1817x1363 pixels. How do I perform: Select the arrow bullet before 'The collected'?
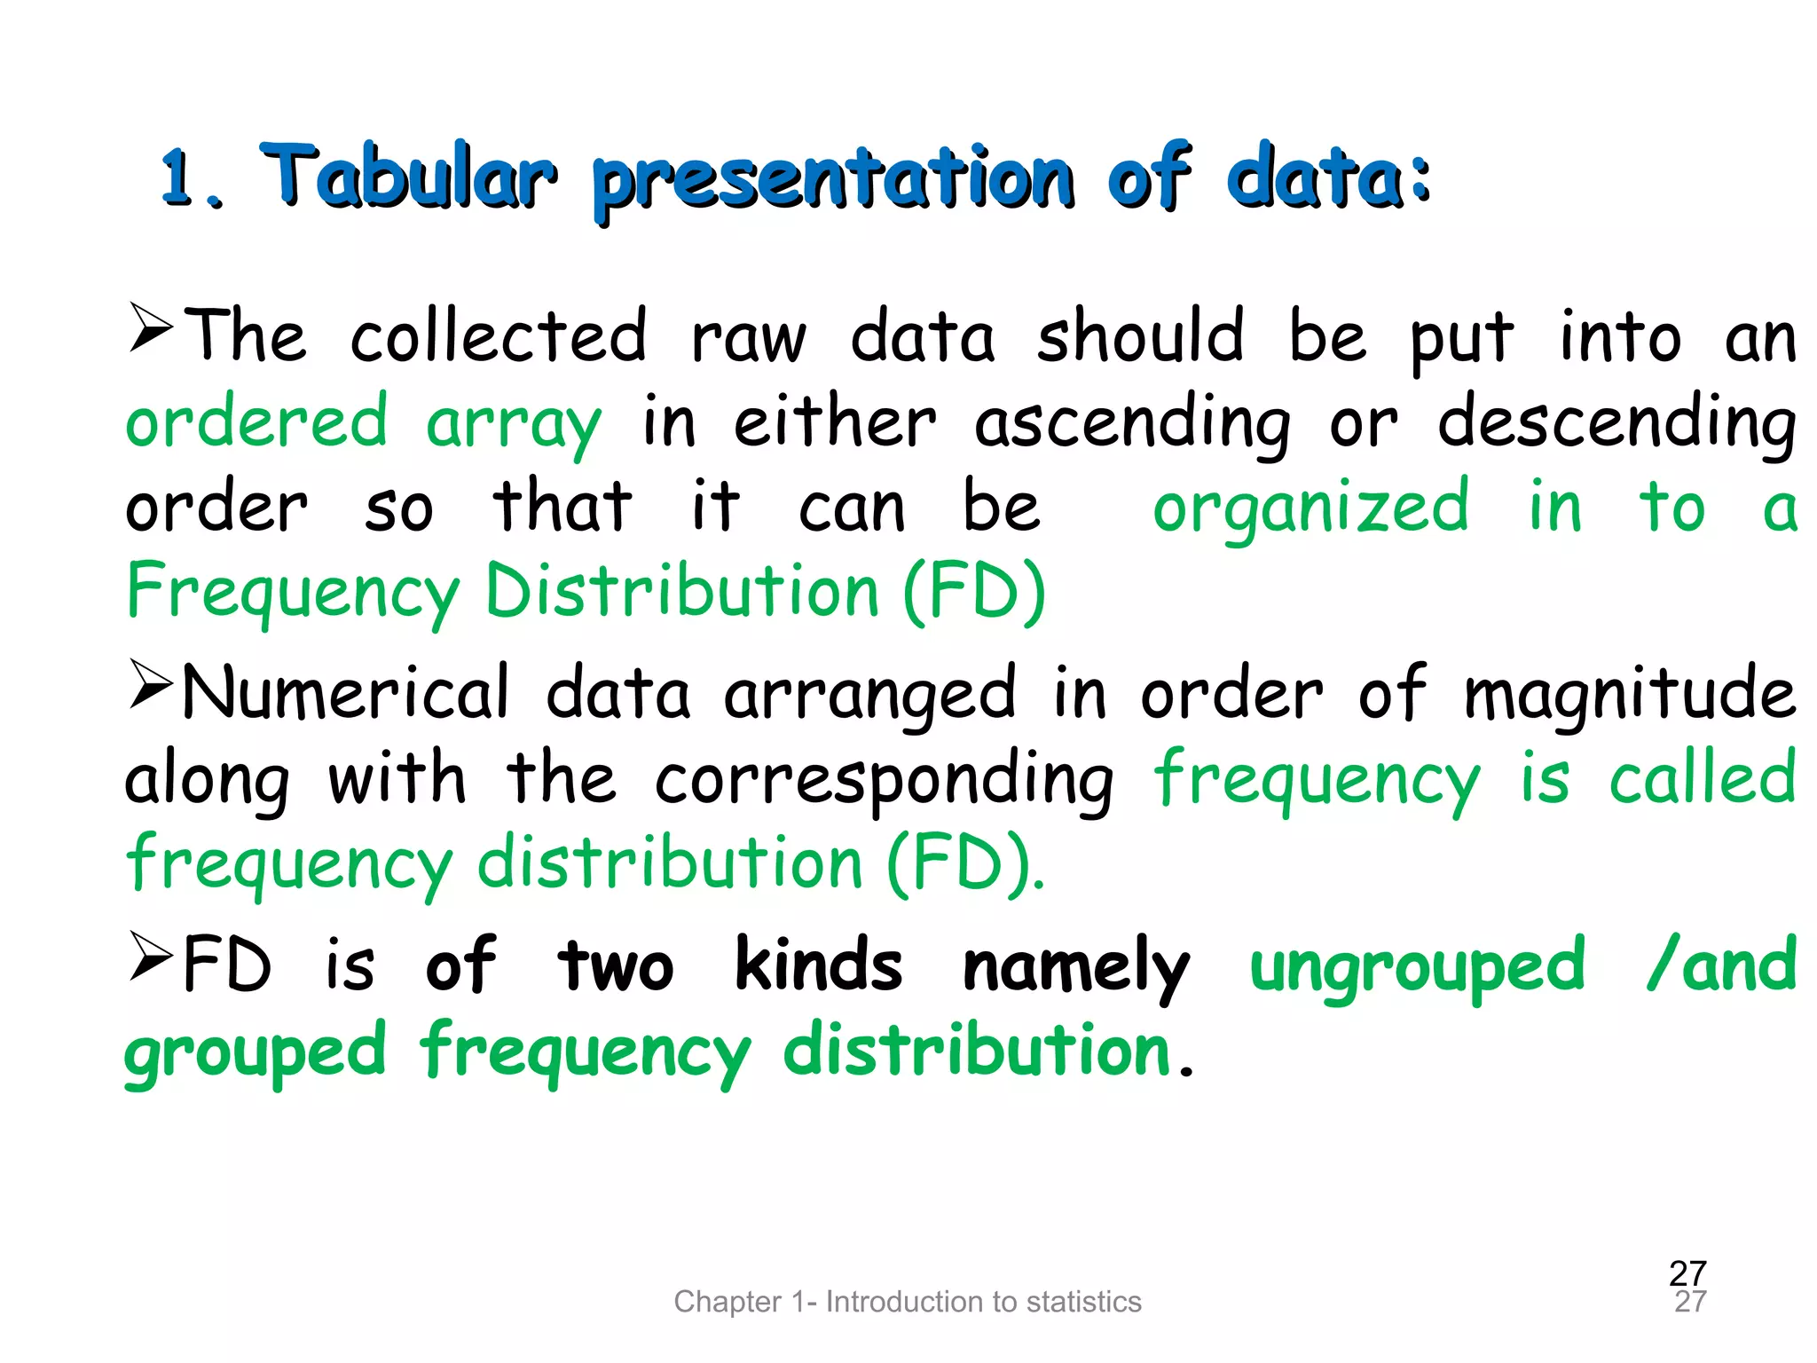coord(151,328)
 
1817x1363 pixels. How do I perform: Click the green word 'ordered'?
coord(256,422)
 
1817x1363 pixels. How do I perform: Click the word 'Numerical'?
coord(347,693)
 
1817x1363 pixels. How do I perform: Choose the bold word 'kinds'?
coord(819,965)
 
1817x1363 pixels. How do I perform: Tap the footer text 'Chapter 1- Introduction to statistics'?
coord(908,1302)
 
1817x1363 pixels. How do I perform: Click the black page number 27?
coord(1687,1273)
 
